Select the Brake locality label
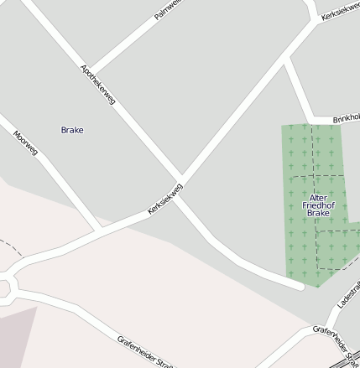tap(72, 130)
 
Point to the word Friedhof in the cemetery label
tap(318, 205)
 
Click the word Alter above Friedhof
tap(318, 197)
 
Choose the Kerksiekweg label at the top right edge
tap(340, 9)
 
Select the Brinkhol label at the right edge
tap(345, 120)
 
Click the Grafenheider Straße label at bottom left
tap(144, 351)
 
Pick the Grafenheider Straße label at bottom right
tap(336, 339)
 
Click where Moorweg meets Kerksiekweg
tap(101, 227)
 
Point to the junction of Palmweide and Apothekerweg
tap(91, 71)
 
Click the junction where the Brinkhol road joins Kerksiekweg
tap(287, 61)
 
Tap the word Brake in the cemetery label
tap(318, 214)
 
